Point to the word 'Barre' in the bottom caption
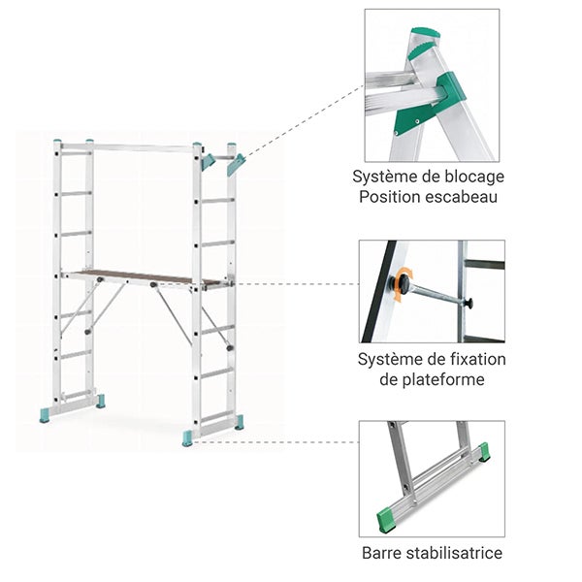click(x=383, y=554)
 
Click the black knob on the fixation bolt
click(x=469, y=304)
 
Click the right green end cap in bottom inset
click(x=483, y=452)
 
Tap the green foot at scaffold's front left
click(x=47, y=415)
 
